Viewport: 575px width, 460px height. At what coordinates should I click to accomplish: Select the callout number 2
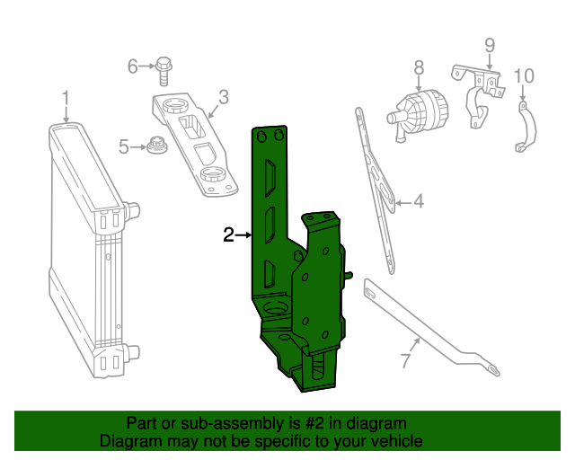[229, 235]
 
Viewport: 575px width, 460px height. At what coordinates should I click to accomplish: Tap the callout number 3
[224, 96]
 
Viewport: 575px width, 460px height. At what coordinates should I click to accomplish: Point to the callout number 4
[418, 203]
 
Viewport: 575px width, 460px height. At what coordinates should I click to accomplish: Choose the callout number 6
[133, 66]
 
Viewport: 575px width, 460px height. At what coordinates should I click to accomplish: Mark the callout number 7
[405, 362]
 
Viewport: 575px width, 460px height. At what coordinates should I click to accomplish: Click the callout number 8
[419, 66]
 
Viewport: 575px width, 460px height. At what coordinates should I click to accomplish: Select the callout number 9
[490, 45]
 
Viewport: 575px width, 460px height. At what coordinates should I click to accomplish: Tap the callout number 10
[524, 75]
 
